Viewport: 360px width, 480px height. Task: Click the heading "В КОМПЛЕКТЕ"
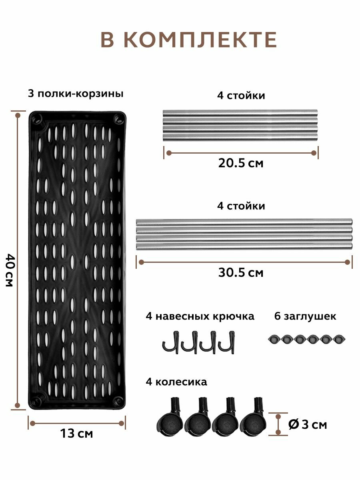coord(188,40)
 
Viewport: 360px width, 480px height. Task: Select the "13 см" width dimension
coord(76,433)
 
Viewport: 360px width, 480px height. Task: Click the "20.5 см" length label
coord(241,163)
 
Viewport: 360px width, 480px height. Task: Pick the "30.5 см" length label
coord(241,273)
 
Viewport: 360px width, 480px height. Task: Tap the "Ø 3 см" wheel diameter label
coord(307,424)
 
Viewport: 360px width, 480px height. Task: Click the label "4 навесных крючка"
coord(200,316)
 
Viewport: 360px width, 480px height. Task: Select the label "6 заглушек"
coord(305,316)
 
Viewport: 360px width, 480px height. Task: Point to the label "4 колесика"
coord(176,382)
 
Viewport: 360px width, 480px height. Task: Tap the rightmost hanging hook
coord(226,342)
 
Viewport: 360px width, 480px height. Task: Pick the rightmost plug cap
coord(340,339)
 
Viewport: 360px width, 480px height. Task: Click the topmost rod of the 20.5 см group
coord(240,112)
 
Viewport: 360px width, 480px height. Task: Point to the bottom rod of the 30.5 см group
coord(244,246)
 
